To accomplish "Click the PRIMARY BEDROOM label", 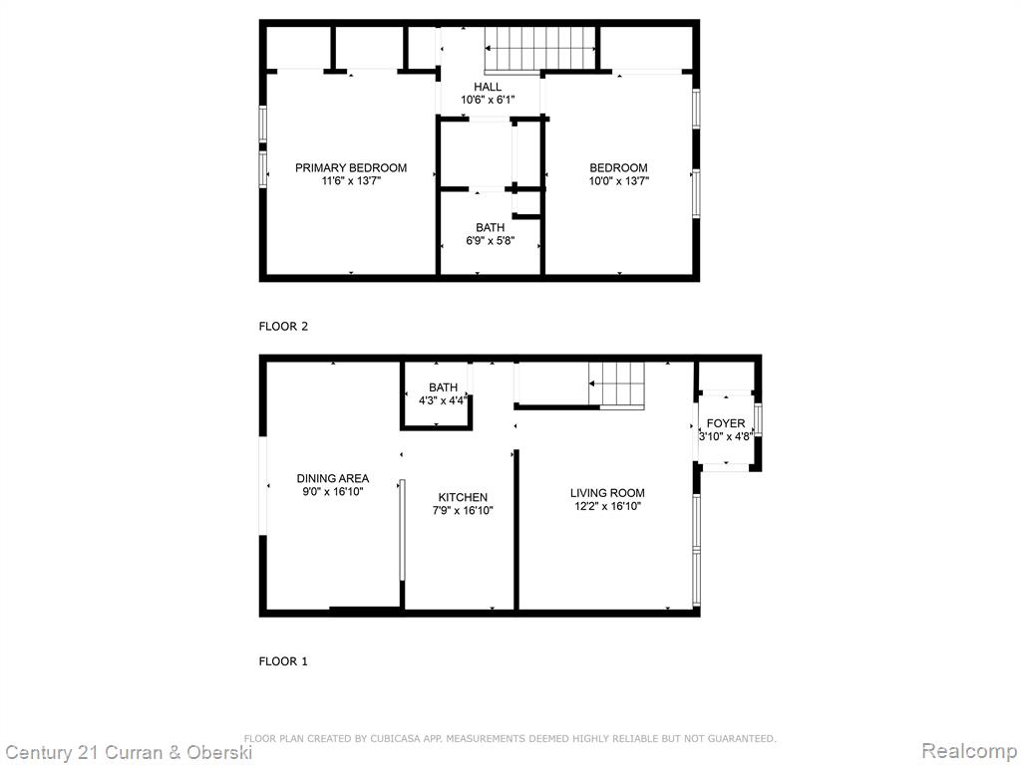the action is (351, 167).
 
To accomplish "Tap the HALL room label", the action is (488, 87).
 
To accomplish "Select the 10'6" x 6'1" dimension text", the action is (488, 101).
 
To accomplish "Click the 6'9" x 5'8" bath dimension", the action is (491, 241).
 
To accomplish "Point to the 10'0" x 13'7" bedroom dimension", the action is (618, 181).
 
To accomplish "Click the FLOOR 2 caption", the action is (283, 327).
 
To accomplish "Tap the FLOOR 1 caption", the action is (283, 661).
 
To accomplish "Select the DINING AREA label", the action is (333, 478).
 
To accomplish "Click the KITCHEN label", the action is (463, 497).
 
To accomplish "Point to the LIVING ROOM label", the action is (607, 493).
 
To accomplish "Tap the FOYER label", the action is (726, 423).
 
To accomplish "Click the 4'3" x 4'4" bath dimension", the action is (443, 400).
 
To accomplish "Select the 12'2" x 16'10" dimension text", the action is (607, 507).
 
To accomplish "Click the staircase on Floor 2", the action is (540, 48).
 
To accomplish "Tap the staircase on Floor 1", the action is (616, 384).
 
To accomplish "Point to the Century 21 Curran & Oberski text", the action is (128, 753).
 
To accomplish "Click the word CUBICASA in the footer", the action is (395, 738).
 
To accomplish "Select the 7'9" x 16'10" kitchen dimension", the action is (463, 511).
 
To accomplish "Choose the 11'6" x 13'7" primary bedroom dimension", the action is (351, 181).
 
